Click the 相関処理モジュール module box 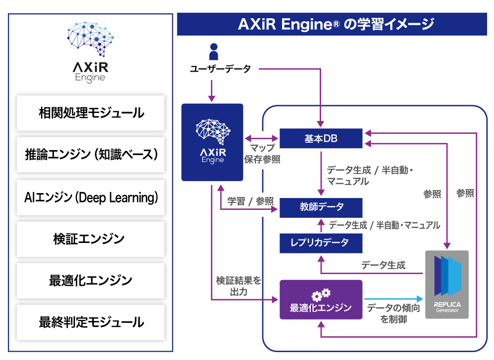(91, 113)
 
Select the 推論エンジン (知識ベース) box (91, 155)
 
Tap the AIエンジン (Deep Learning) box (91, 198)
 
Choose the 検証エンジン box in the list (91, 240)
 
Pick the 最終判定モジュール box (91, 323)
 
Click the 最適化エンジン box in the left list (91, 281)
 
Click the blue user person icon (213, 51)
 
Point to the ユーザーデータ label (220, 69)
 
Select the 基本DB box (321, 139)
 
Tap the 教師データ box (321, 207)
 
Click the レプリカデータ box (321, 242)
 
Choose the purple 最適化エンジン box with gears (321, 299)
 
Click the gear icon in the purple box (321, 294)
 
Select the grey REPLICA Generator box (447, 284)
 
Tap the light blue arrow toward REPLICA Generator (394, 299)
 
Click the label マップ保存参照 (262, 154)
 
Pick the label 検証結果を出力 (238, 286)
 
